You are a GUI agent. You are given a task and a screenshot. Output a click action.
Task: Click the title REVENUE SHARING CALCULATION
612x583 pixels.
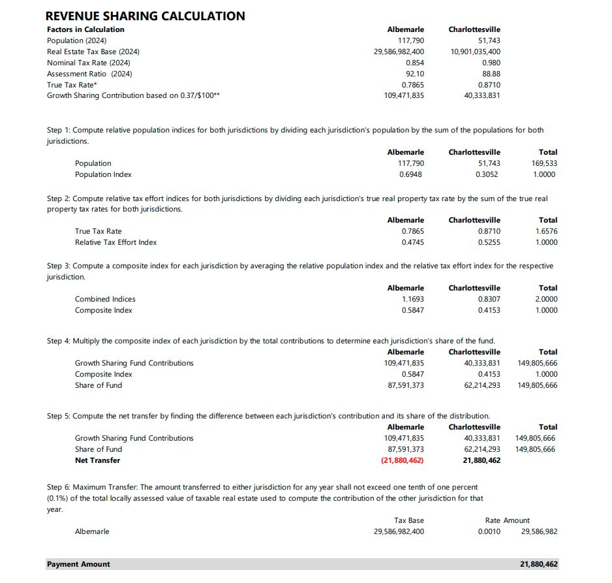(x=145, y=16)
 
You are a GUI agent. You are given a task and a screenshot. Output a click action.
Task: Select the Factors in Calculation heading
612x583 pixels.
(x=85, y=29)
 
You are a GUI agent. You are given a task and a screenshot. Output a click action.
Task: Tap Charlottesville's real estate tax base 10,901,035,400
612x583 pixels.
(x=476, y=52)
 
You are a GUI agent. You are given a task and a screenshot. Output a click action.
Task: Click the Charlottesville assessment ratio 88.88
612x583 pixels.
(x=491, y=74)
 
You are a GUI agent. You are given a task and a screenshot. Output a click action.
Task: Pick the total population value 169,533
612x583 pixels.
(x=545, y=163)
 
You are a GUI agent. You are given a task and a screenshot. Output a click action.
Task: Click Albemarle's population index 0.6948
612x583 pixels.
(x=412, y=174)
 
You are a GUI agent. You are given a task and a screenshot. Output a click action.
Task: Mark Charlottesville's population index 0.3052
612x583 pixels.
(x=488, y=174)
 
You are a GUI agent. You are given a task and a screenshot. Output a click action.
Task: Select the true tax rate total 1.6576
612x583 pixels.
(x=547, y=231)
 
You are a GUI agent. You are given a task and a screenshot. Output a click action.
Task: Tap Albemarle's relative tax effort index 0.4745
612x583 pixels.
(x=412, y=242)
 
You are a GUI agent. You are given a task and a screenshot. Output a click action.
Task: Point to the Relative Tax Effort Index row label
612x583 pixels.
(x=115, y=242)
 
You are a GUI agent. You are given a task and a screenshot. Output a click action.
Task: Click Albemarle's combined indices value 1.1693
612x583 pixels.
(x=412, y=299)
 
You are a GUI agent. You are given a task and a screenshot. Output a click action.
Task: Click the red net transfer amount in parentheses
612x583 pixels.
(x=402, y=460)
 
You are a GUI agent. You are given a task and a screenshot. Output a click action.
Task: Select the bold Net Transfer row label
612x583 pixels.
(x=97, y=460)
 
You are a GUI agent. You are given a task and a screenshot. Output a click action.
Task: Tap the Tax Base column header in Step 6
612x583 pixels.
(x=409, y=520)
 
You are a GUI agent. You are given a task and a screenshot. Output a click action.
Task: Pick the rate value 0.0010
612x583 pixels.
(x=489, y=531)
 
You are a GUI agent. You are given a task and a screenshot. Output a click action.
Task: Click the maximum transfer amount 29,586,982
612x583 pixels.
(x=539, y=531)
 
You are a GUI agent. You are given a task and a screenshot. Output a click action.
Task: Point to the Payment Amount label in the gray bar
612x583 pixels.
(x=78, y=564)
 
